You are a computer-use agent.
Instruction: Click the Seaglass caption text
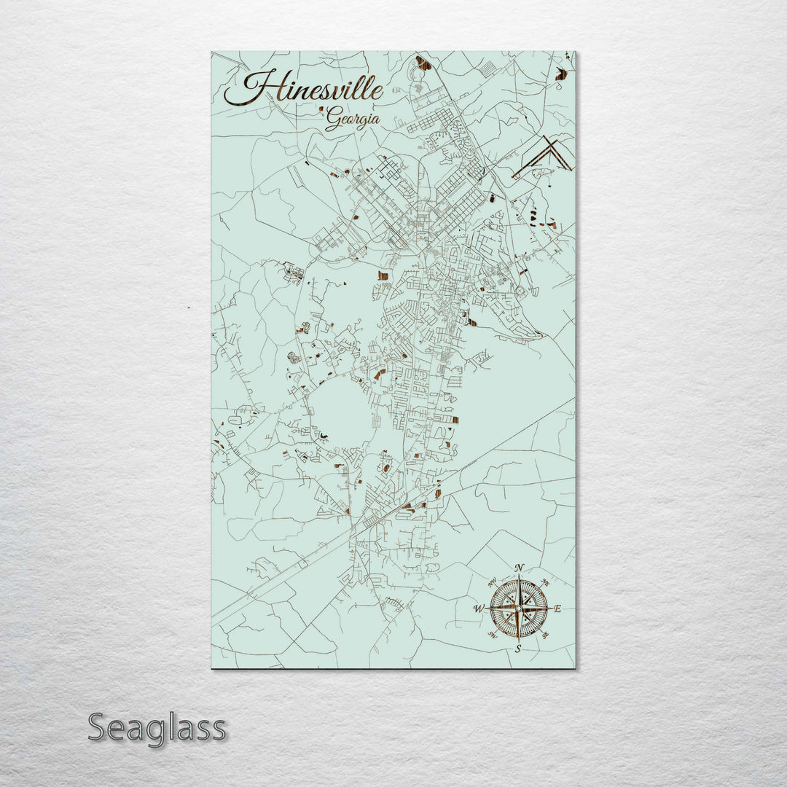tap(157, 727)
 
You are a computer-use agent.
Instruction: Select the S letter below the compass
tap(518, 647)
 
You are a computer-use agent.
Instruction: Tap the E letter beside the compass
tap(558, 608)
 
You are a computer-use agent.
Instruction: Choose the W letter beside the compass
tap(479, 608)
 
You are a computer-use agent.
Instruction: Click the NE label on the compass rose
tap(544, 582)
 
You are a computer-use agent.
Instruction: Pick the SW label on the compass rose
tap(493, 634)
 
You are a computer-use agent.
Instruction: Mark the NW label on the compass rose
tap(493, 582)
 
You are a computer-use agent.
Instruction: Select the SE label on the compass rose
tap(544, 634)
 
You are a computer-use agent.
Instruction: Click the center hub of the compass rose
tap(518, 607)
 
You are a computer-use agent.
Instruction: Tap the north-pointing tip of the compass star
tap(518, 577)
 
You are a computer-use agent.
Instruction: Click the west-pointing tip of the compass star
tap(488, 607)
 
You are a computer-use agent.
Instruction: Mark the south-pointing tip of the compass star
tap(518, 638)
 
